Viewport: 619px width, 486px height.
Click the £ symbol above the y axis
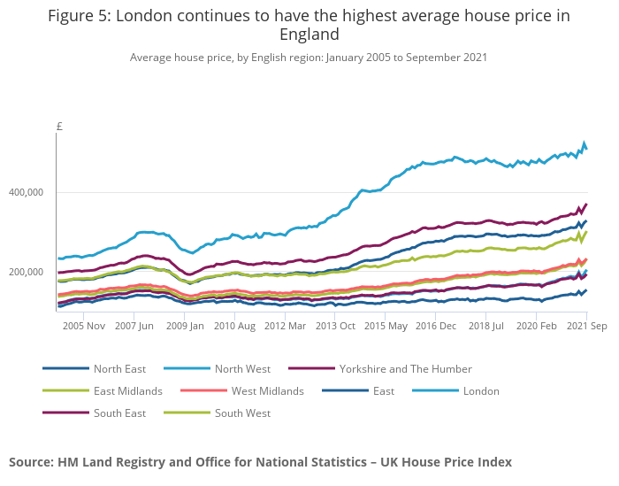(59, 127)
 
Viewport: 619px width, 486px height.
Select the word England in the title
(309, 35)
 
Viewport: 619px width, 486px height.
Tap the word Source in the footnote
(30, 461)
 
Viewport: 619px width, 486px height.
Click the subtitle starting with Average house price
(309, 57)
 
